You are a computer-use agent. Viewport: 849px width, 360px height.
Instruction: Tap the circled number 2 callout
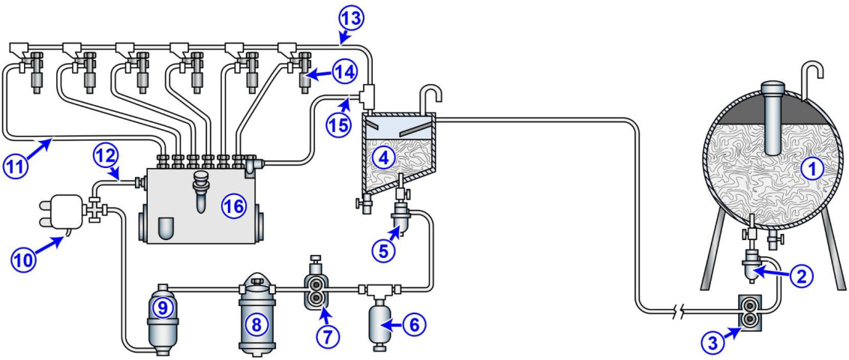[802, 276]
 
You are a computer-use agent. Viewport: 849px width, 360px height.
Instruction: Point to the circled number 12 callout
[104, 155]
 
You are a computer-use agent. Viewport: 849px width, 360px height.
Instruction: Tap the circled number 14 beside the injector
[345, 73]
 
